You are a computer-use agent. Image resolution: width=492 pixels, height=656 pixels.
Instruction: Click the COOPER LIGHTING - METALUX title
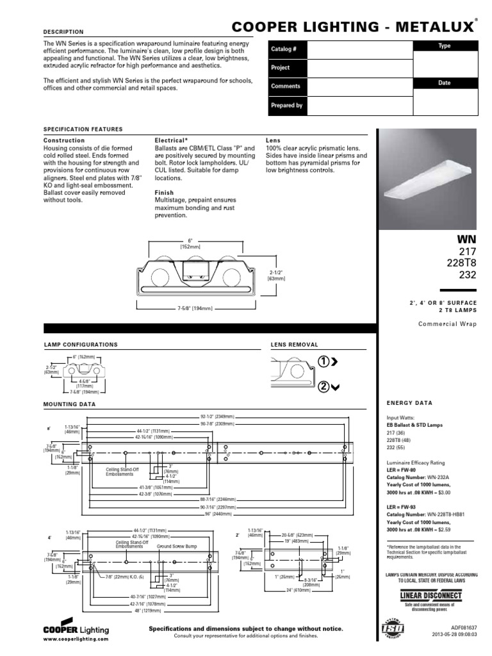coord(354,26)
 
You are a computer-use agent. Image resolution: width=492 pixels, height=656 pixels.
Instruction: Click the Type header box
coord(444,46)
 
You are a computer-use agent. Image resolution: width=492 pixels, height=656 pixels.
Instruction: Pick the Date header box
coord(444,83)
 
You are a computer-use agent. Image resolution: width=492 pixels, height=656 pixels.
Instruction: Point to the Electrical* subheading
coord(171,140)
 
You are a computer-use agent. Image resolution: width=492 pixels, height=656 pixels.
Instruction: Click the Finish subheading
coord(163,192)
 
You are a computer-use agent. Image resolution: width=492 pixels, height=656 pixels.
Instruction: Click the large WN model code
coord(466,240)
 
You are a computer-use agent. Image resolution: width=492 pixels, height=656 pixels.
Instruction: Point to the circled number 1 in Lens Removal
coord(324,362)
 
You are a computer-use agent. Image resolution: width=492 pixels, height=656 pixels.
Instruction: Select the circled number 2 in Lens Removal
coord(324,386)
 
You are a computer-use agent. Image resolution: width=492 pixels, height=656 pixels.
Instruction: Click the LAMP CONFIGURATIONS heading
coord(80,345)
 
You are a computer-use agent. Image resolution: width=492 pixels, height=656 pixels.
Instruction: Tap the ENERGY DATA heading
coord(409,403)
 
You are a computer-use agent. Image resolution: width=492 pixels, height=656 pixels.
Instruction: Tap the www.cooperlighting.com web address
coord(76,639)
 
